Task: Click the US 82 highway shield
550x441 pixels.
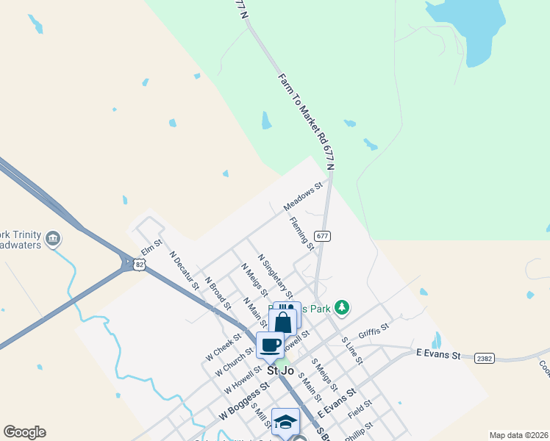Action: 138,264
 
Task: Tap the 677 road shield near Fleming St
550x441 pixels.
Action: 322,236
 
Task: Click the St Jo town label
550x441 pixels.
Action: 280,371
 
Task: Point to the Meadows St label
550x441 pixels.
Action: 304,198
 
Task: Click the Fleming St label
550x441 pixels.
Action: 302,233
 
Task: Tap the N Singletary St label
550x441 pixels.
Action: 276,275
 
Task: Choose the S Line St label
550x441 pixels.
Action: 352,350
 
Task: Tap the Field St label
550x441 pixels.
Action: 360,409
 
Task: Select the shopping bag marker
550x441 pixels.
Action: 283,321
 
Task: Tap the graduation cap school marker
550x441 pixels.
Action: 285,422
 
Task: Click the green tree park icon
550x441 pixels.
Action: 341,306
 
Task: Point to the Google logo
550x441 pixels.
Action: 24,432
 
